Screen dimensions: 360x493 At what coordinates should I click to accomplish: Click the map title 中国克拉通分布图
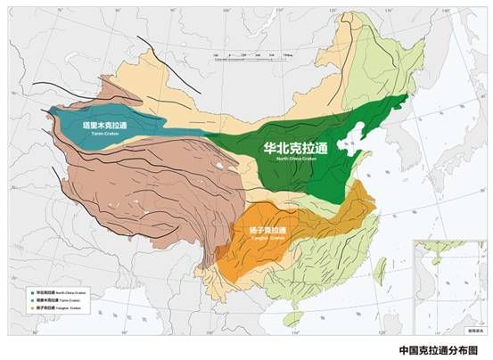click(432, 349)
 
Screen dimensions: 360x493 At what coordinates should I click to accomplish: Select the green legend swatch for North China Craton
click(31, 291)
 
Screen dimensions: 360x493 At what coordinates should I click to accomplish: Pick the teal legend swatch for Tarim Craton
click(31, 300)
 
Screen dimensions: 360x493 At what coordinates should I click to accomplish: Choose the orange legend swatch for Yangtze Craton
click(31, 309)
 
